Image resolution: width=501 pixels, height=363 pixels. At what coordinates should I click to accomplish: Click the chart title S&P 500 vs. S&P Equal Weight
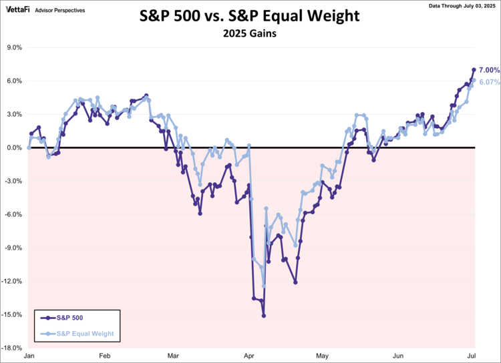tap(251, 16)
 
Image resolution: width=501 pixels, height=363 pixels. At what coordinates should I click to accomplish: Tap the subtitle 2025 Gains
tap(251, 35)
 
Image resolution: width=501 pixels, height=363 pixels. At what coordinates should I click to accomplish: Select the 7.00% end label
tap(490, 70)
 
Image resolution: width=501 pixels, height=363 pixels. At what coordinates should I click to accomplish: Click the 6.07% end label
tap(490, 82)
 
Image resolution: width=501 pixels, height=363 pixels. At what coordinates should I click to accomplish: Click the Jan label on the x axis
tap(29, 357)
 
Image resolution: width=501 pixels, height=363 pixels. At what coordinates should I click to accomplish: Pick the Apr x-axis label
tap(249, 357)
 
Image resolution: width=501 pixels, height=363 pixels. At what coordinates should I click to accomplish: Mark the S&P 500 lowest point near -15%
tap(264, 316)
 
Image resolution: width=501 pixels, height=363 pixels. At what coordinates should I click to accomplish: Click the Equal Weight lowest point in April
tap(264, 286)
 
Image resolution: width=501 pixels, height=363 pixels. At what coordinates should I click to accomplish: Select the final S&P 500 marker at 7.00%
tap(474, 70)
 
